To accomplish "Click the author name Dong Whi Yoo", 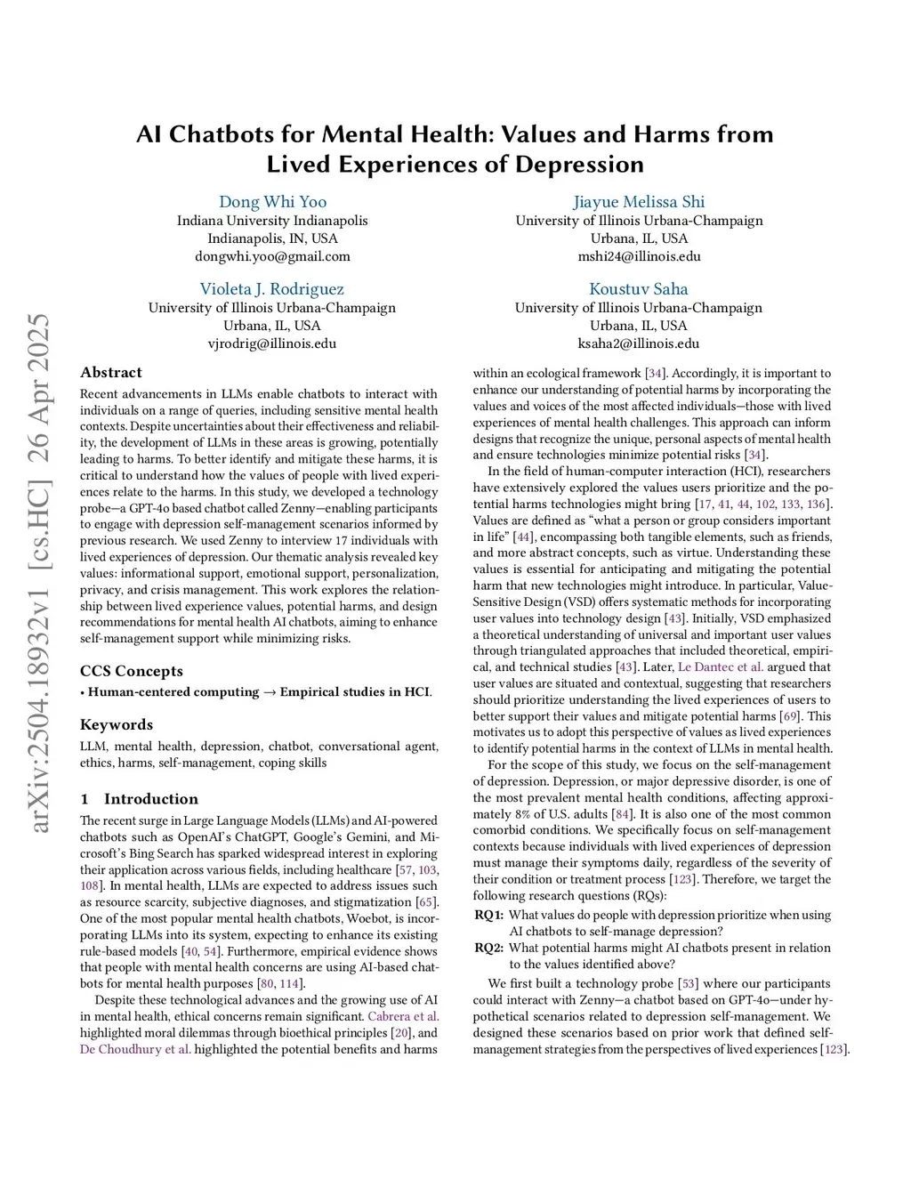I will coord(272,202).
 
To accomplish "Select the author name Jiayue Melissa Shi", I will coord(639,202).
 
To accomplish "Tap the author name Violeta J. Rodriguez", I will coord(271,289).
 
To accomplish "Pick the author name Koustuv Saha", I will coord(638,289).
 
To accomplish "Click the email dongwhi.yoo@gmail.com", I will coord(272,256).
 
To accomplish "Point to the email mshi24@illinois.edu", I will coord(639,256).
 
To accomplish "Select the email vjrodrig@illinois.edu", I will coord(271,343).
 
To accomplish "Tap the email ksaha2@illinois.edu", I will coord(638,343).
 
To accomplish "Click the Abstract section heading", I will coord(111,373).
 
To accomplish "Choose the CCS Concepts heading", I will coord(132,671).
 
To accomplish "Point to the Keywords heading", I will coord(117,724).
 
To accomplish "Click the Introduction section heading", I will coord(150,799).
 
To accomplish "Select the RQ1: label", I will coord(488,915).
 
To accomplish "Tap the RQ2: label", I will coord(489,948).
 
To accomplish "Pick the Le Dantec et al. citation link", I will coord(721,667).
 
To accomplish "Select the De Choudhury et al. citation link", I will coord(135,1049).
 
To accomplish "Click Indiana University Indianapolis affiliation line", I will coord(272,221).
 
